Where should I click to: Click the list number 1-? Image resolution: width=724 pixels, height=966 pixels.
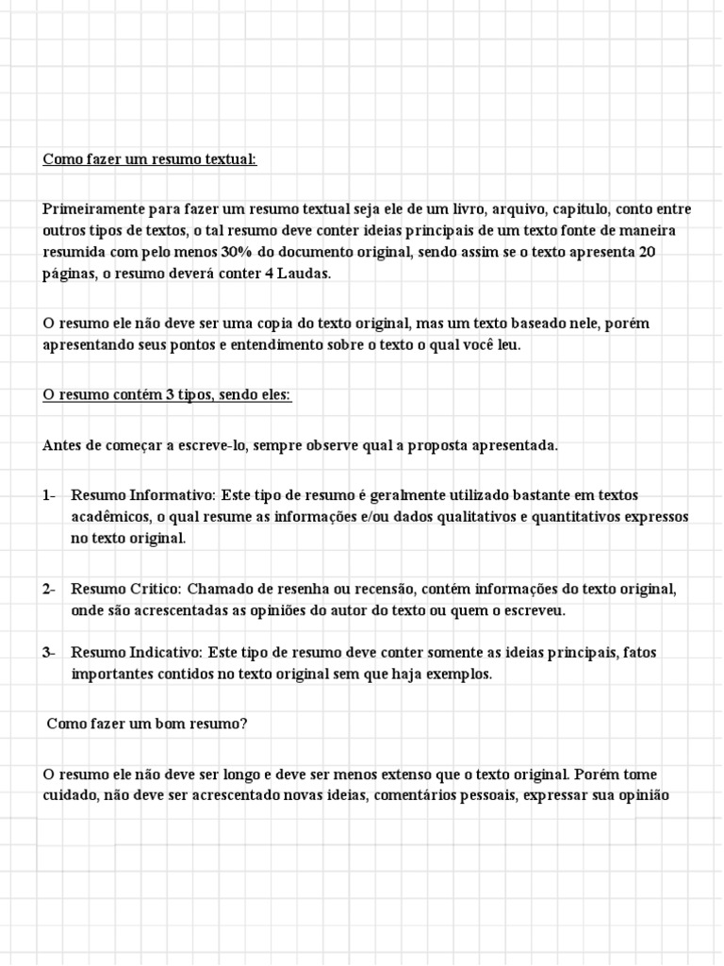[x=49, y=495]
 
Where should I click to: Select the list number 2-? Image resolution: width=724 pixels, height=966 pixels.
[x=49, y=589]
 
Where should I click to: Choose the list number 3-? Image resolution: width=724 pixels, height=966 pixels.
[x=49, y=652]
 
